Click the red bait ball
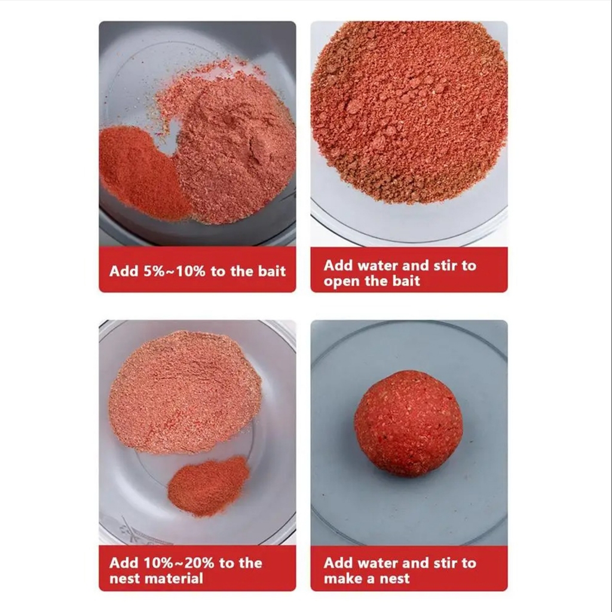click(409, 424)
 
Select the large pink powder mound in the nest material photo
click(185, 392)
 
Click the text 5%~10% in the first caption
click(174, 271)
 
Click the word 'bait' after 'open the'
click(406, 281)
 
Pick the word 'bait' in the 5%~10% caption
click(272, 271)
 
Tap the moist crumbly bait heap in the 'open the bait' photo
click(409, 111)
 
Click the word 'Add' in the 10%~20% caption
click(124, 563)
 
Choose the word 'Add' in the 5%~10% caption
click(124, 271)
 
